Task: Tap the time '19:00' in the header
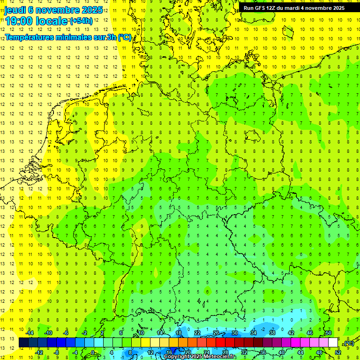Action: point(19,21)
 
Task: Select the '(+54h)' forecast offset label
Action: point(81,21)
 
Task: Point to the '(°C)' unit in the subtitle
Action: point(124,37)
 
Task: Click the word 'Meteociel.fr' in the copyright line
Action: point(219,357)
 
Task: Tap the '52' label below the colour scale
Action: point(337,352)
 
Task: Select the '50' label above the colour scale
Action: point(328,333)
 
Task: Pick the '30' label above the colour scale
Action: point(234,333)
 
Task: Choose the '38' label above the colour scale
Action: point(272,333)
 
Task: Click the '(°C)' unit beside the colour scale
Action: point(349,343)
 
